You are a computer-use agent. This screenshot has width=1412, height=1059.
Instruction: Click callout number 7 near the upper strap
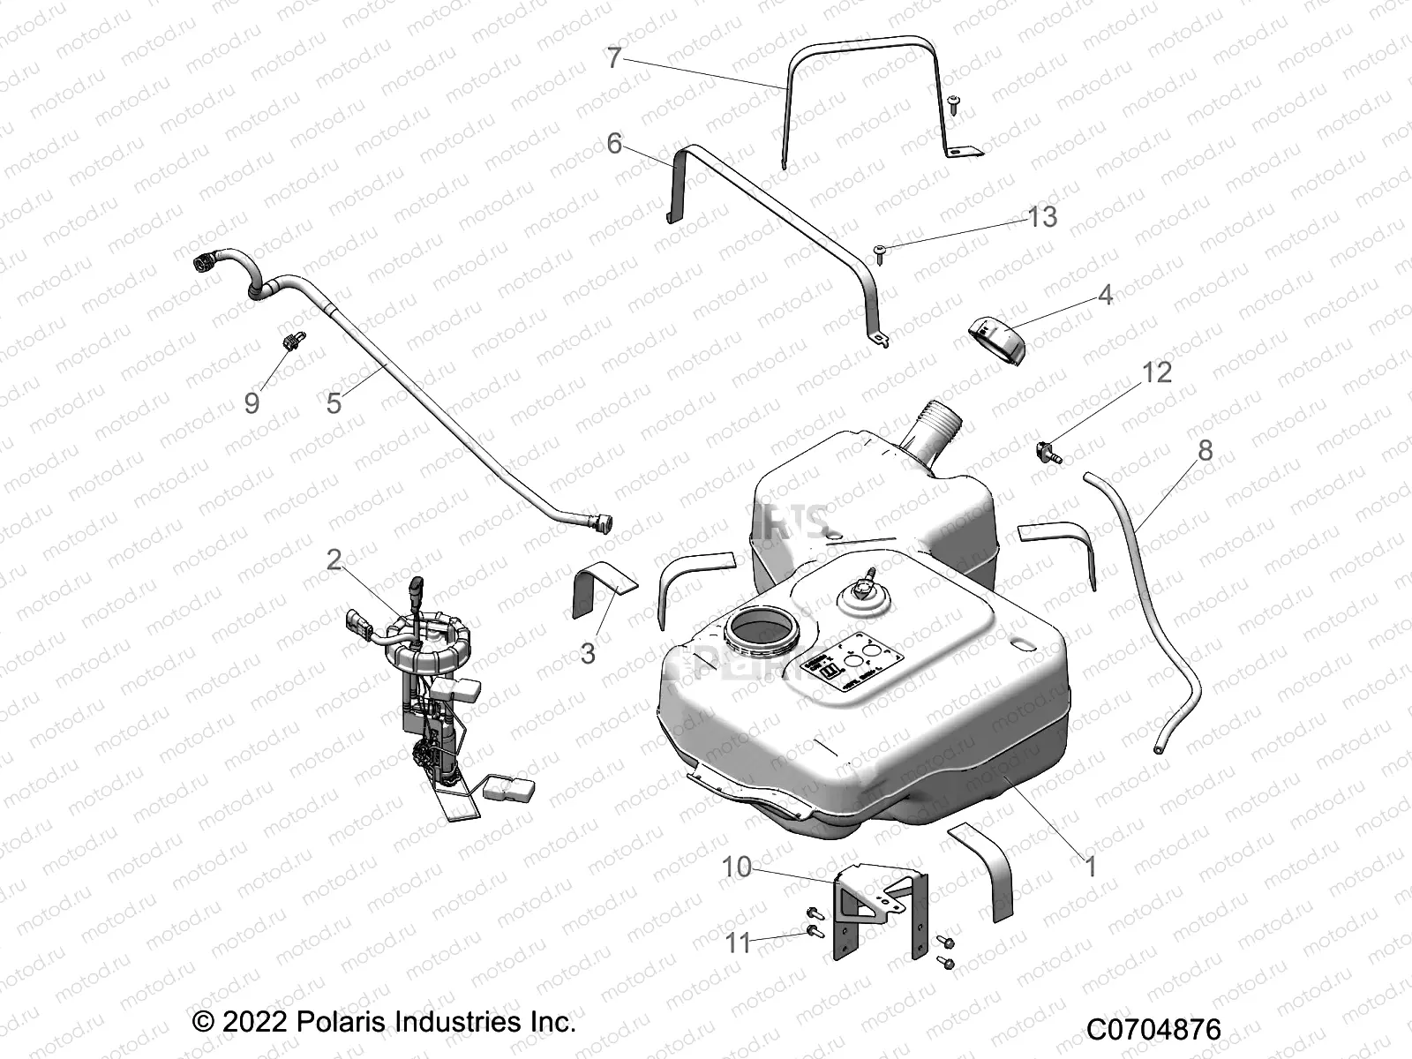615,58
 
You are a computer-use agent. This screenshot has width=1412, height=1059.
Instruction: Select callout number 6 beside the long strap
615,143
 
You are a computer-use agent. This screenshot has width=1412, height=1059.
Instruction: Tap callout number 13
1042,216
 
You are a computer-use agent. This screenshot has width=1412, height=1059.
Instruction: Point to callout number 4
1105,295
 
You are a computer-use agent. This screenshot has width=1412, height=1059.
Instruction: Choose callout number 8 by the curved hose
1205,451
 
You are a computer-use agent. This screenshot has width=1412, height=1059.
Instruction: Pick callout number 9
252,403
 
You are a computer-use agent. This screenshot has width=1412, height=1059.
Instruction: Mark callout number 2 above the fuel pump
334,560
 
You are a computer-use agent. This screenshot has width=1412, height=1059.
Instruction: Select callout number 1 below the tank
1091,867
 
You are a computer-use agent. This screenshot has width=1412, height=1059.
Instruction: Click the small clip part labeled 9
292,340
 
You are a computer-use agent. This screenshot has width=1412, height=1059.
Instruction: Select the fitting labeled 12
1048,453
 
